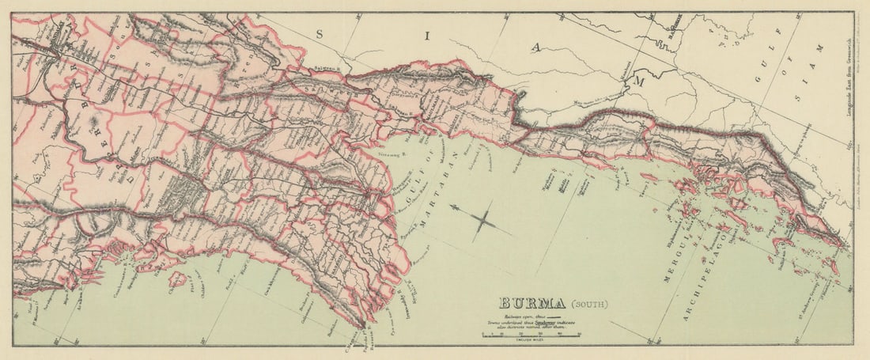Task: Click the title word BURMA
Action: tap(531, 303)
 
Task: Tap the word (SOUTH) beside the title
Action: tap(588, 304)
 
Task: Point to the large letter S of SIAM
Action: tap(320, 33)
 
